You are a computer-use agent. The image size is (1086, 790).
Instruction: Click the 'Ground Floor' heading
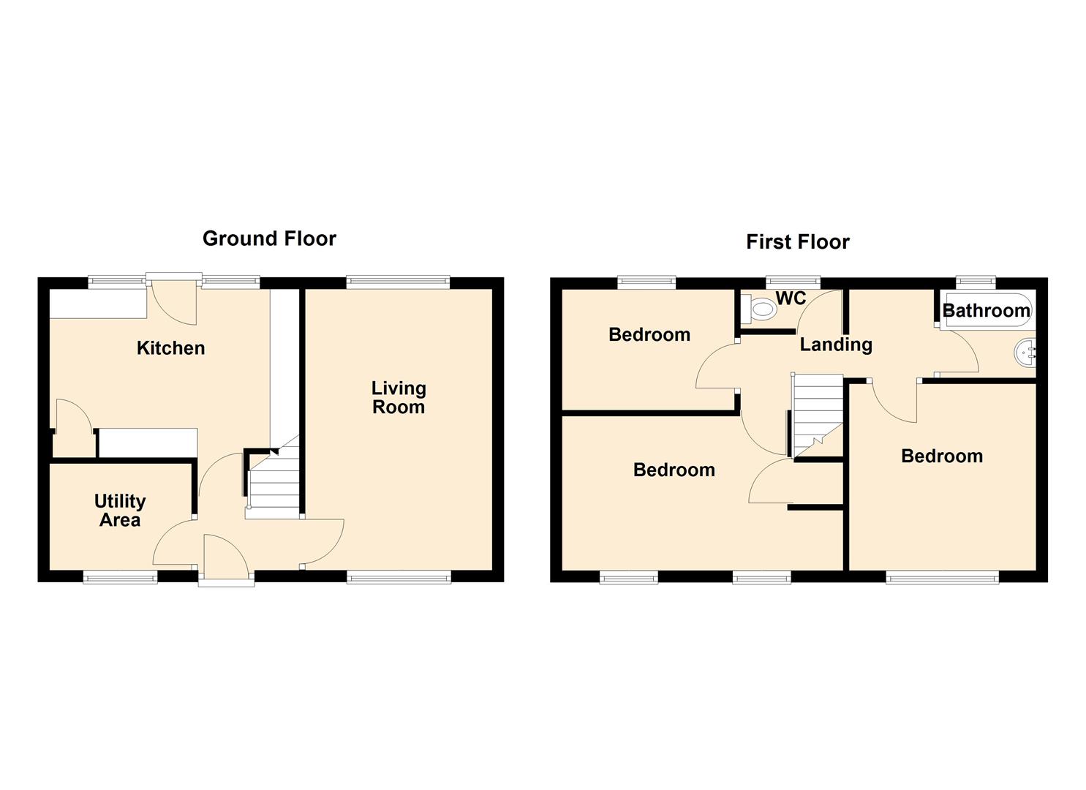269,238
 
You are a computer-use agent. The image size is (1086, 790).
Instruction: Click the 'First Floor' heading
798,242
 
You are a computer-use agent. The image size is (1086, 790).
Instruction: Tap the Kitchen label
170,348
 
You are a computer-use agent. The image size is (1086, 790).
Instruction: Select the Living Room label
399,398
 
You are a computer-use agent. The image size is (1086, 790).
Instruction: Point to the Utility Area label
120,511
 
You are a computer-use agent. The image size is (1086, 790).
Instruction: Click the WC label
791,298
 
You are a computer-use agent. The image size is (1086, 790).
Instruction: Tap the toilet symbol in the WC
758,309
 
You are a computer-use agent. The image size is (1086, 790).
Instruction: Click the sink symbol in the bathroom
1025,353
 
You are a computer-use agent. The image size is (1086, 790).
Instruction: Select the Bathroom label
986,310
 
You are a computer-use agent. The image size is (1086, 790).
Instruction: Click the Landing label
836,345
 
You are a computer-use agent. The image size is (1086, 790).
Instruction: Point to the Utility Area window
120,577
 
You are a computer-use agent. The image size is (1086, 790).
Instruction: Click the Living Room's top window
398,282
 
